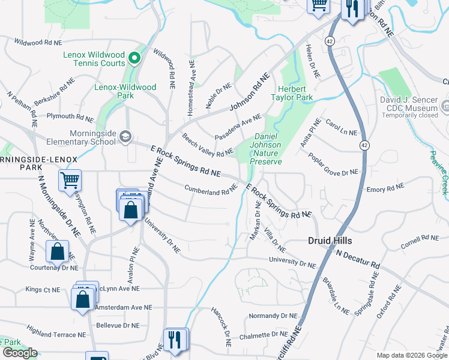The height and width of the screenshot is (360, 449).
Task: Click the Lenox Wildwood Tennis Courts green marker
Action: [134, 59]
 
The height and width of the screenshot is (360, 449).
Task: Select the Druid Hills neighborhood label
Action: [330, 241]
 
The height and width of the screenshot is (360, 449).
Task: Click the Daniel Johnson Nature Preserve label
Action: [265, 149]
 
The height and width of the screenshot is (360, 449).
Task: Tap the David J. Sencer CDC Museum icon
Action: [445, 106]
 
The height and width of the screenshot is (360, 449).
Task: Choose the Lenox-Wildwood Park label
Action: [125, 91]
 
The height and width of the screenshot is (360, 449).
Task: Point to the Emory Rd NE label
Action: [385, 189]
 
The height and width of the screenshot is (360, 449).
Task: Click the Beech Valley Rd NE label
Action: [208, 145]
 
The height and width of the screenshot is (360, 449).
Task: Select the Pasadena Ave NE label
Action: [238, 127]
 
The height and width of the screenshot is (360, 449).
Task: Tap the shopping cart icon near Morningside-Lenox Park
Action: [70, 179]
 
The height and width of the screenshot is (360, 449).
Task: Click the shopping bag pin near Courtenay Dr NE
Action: [58, 251]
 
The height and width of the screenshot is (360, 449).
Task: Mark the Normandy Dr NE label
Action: [273, 316]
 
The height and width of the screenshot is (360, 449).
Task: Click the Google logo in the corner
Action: [20, 353]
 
